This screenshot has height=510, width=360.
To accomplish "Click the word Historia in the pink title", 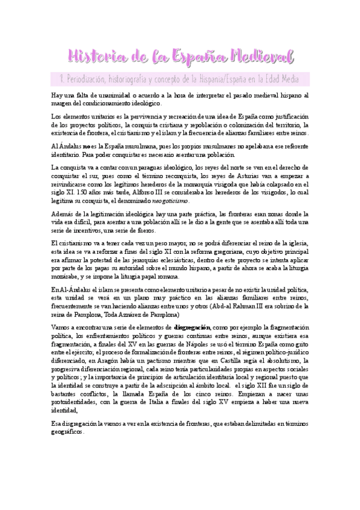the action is [x=95, y=57].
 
